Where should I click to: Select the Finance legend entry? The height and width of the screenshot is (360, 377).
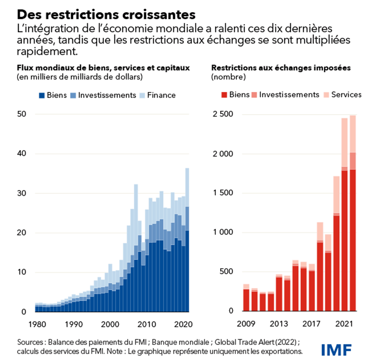pyautogui.click(x=157, y=95)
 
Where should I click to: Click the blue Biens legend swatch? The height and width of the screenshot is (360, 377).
pyautogui.click(x=42, y=95)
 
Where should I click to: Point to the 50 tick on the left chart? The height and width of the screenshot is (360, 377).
pyautogui.click(x=21, y=114)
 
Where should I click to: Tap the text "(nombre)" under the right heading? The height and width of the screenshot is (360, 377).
pyautogui.click(x=228, y=77)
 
